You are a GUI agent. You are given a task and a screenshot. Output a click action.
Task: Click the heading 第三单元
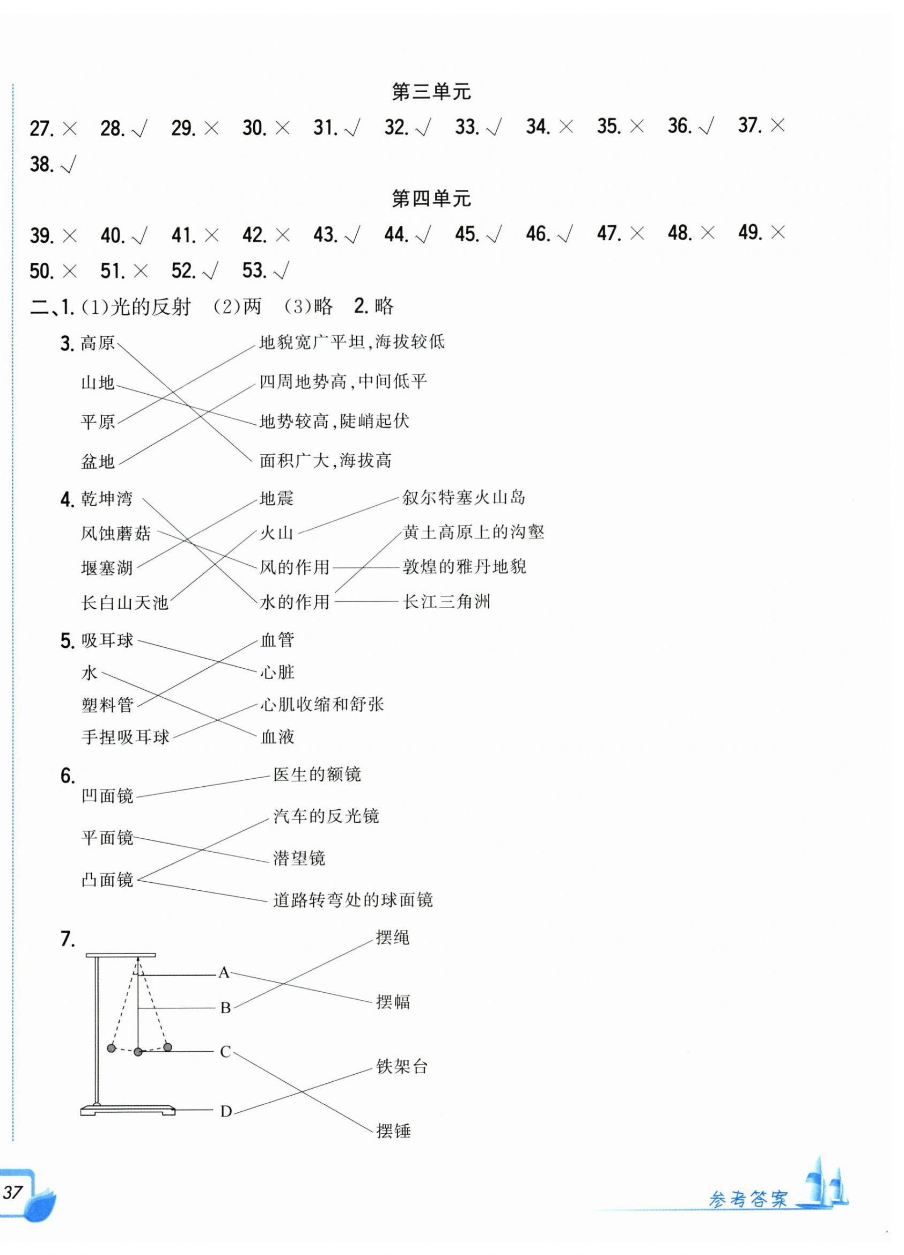pyautogui.click(x=431, y=92)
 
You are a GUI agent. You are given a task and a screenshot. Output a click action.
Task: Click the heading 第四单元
pyautogui.click(x=431, y=198)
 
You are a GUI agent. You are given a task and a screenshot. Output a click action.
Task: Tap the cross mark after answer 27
pyautogui.click(x=69, y=129)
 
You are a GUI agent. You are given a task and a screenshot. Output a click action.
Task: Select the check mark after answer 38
pyautogui.click(x=69, y=164)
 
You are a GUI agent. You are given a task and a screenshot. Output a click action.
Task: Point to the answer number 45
pyautogui.click(x=467, y=234)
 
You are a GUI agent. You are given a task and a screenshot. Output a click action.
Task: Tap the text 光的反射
pyautogui.click(x=151, y=306)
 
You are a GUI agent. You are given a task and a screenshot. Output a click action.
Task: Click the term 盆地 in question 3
pyautogui.click(x=98, y=461)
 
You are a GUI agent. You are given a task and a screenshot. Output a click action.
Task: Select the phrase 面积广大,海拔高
pyautogui.click(x=326, y=460)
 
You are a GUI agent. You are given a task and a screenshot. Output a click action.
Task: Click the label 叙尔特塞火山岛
pyautogui.click(x=464, y=498)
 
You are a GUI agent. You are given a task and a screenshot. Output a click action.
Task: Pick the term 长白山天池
pyautogui.click(x=124, y=602)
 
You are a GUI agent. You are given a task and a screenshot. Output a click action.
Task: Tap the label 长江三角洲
pyautogui.click(x=447, y=602)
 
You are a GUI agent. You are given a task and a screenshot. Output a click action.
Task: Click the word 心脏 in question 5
pyautogui.click(x=277, y=673)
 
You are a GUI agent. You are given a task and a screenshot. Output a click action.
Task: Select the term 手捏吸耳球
pyautogui.click(x=125, y=736)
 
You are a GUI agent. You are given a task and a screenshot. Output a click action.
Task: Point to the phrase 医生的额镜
pyautogui.click(x=317, y=774)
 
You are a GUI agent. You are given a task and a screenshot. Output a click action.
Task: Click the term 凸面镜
pyautogui.click(x=107, y=880)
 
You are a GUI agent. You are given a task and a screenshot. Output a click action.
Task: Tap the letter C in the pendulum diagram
pyautogui.click(x=225, y=1051)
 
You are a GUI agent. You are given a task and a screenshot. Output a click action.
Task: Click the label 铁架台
pyautogui.click(x=402, y=1066)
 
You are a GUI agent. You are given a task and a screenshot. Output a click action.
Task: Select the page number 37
pyautogui.click(x=13, y=1191)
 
